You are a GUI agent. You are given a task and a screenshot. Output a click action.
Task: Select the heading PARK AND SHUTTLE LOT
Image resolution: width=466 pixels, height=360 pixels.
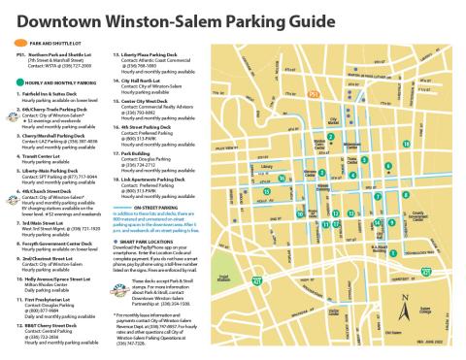pyautogui.click(x=50, y=44)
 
